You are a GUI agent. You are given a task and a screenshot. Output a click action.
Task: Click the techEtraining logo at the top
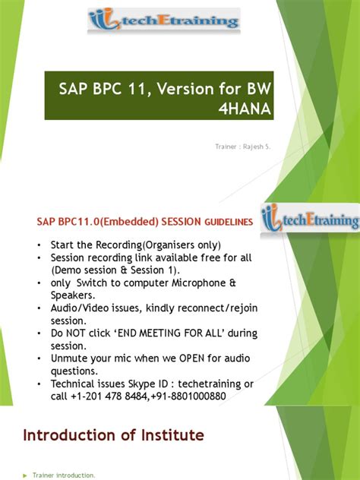point(164,21)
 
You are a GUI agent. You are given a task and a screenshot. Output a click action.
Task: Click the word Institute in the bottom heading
point(168,434)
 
